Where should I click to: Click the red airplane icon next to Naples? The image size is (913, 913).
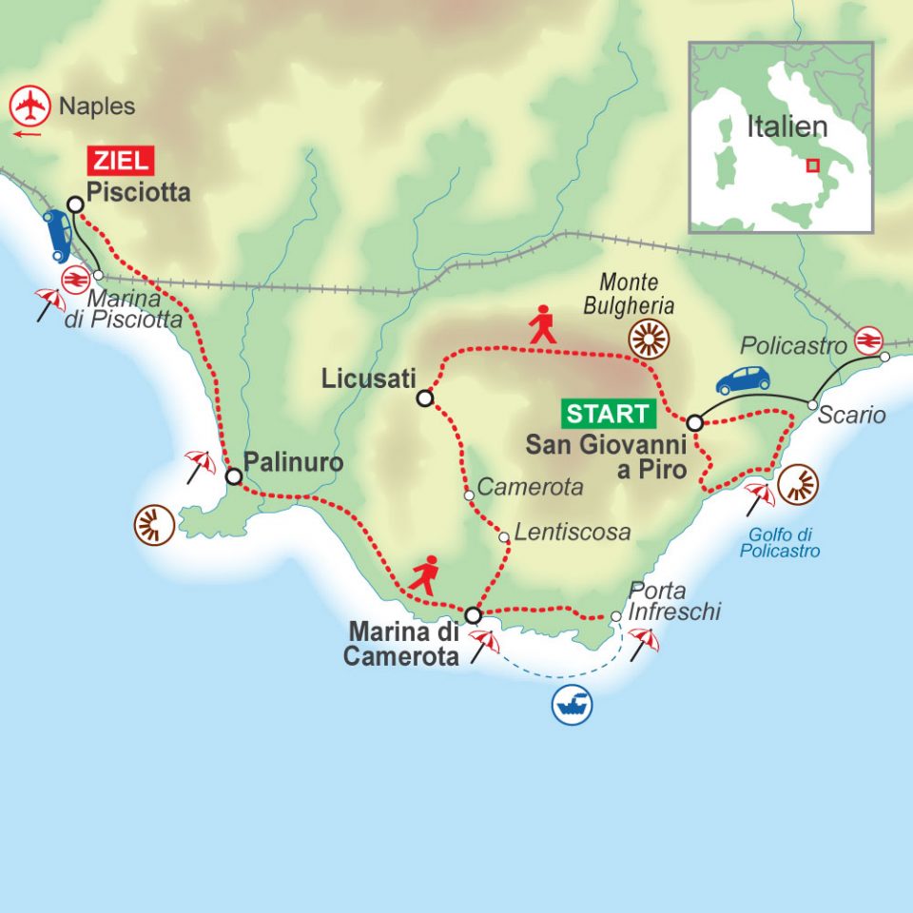pos(30,106)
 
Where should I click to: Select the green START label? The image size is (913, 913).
pos(609,414)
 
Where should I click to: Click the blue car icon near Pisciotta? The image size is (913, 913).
pos(57,235)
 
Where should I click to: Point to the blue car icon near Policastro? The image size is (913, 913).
pos(743,379)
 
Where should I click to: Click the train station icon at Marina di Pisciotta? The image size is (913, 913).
pos(72,279)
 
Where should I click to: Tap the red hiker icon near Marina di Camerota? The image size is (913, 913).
pos(425,576)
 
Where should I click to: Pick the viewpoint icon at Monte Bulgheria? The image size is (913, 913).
pos(650,339)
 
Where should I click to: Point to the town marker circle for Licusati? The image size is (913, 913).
pos(425,398)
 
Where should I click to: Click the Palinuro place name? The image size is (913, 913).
pos(292,463)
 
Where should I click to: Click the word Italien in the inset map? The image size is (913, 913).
pos(787,126)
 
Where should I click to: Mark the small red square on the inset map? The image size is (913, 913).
pos(812,165)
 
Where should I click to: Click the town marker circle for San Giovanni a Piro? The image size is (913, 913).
pos(695,422)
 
